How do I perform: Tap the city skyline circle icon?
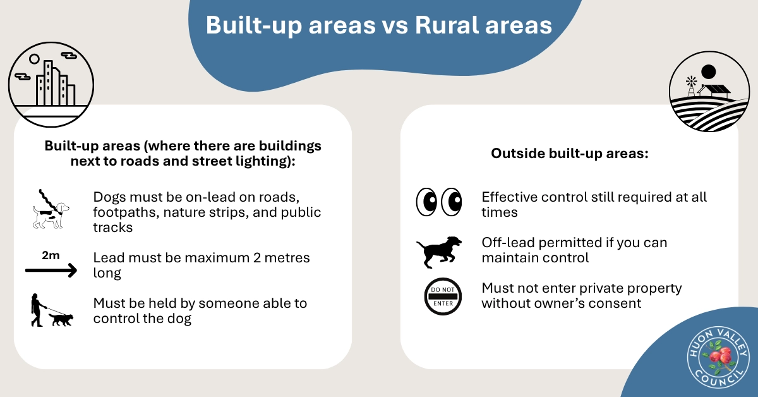(x=51, y=84)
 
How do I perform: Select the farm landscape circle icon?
(x=709, y=92)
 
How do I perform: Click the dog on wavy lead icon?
(x=51, y=209)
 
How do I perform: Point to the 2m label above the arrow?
(x=51, y=255)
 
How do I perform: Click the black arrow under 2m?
(x=51, y=271)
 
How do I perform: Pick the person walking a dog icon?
(x=52, y=310)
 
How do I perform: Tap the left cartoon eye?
(x=426, y=202)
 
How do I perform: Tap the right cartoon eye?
(x=452, y=202)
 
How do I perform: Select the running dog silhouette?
(x=439, y=252)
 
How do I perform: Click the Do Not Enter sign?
(x=443, y=296)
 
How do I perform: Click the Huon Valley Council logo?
(x=718, y=357)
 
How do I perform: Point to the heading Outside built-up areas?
(x=570, y=153)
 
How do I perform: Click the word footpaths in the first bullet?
(x=126, y=212)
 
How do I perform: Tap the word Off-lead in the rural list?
(x=508, y=243)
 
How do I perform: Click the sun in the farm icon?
(x=708, y=72)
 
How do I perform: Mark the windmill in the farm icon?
(x=691, y=87)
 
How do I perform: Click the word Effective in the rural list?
(x=509, y=197)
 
